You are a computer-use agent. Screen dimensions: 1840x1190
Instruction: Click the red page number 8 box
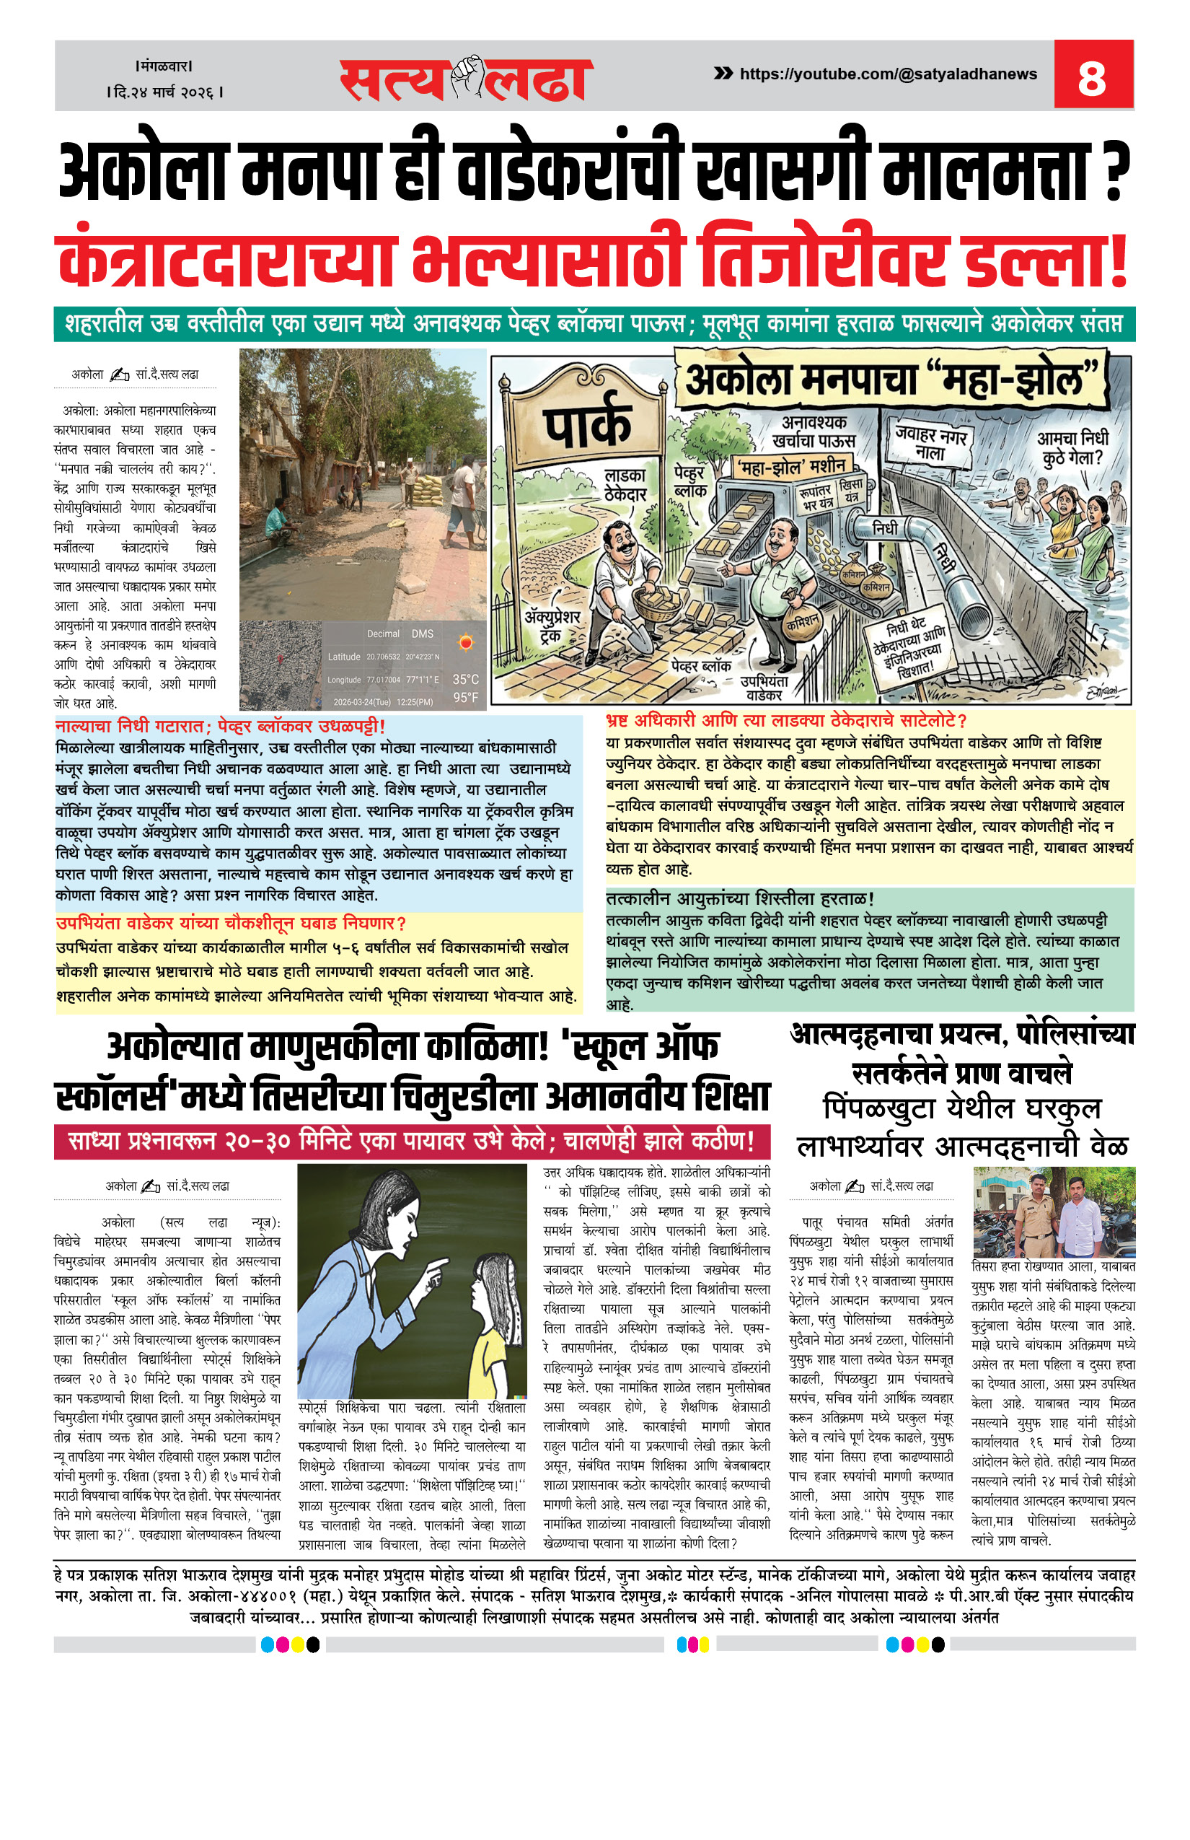click(x=1093, y=75)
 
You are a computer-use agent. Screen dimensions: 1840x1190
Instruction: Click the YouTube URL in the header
click(x=888, y=74)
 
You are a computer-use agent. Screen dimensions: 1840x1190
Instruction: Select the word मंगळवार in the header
click(x=164, y=66)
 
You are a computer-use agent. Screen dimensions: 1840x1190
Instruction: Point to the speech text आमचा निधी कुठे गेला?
click(x=1072, y=448)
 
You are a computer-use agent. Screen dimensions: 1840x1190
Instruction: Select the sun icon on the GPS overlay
click(x=465, y=642)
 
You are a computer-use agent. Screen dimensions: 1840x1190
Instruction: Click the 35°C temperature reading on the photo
click(x=465, y=680)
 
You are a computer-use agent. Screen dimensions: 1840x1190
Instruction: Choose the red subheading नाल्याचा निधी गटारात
click(x=220, y=726)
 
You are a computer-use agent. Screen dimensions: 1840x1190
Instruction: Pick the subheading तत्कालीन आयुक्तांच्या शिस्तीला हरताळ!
click(x=739, y=898)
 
